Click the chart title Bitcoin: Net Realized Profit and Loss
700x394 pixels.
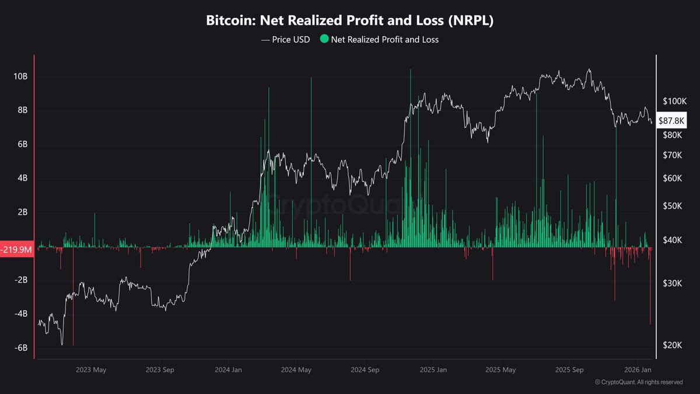pos(350,20)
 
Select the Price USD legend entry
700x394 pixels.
pos(285,40)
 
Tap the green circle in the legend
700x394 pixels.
pos(324,40)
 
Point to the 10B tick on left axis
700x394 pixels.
pos(20,76)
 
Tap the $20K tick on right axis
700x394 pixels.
pos(673,345)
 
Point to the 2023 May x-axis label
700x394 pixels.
pos(90,369)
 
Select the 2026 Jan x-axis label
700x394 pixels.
pos(638,369)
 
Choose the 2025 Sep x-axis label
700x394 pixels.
pos(569,369)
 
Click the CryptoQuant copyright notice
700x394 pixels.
pos(638,382)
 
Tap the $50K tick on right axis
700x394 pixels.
pos(673,206)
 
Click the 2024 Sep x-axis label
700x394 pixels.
pos(365,369)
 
